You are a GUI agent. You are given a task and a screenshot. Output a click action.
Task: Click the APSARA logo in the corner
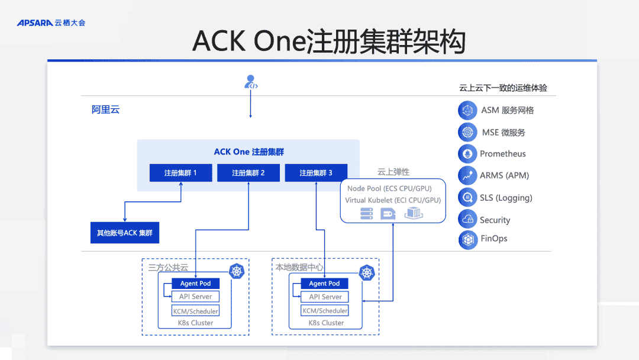point(50,22)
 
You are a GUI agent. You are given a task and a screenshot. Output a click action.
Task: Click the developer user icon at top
point(251,82)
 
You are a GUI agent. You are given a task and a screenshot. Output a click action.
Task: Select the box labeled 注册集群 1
point(180,173)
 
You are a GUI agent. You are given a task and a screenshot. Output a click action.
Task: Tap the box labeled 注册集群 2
point(248,173)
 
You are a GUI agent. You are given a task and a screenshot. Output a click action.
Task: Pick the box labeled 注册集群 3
point(315,173)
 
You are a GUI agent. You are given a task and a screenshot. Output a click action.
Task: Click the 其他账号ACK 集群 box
point(124,233)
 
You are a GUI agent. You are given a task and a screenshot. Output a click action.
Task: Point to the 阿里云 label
point(105,110)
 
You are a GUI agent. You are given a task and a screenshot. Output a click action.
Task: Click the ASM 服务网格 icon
point(467,110)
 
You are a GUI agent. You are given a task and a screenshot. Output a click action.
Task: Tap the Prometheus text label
point(502,154)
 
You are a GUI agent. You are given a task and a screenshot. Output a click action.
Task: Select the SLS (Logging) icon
point(467,197)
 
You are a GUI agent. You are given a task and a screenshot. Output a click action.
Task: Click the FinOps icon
point(467,239)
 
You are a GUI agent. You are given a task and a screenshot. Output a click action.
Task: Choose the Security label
point(495,220)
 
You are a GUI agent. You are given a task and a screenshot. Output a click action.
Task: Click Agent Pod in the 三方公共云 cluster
point(195,284)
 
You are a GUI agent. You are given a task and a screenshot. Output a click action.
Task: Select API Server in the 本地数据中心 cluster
point(325,297)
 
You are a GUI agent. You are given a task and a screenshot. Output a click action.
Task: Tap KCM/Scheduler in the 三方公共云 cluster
point(195,311)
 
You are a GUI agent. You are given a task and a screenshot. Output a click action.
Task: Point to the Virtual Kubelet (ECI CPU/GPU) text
point(393,200)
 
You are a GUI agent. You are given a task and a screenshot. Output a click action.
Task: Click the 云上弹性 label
point(393,172)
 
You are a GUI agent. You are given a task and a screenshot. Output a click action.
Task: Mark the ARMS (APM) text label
point(504,175)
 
